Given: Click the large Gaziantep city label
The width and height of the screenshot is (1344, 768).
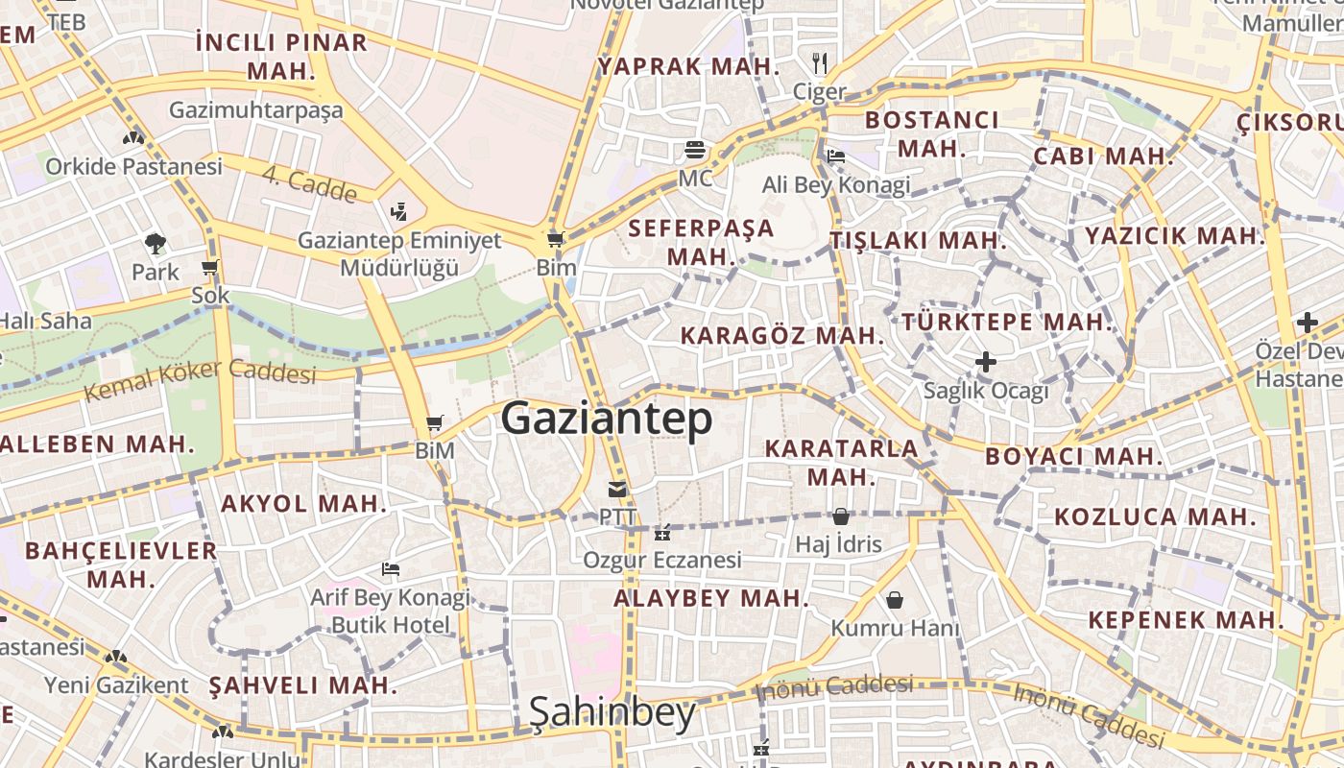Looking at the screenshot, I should tap(607, 420).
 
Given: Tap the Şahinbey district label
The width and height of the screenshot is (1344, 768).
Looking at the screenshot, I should tap(612, 712).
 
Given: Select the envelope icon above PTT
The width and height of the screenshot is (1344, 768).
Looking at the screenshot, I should tap(617, 490).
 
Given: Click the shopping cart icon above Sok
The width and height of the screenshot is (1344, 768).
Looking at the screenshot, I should tap(210, 267).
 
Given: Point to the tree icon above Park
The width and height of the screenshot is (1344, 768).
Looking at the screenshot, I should tap(155, 243).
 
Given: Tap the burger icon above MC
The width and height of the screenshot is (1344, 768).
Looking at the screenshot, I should tap(695, 150).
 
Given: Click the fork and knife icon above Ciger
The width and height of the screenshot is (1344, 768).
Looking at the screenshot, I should tap(819, 63).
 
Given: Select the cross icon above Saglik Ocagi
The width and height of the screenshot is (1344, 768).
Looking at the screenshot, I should tap(986, 362).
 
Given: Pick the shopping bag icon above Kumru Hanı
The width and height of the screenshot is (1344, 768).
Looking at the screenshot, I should tap(895, 600).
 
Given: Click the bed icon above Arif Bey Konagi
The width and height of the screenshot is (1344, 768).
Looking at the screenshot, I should tap(390, 569).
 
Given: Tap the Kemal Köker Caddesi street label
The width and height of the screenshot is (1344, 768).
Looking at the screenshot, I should tap(200, 380).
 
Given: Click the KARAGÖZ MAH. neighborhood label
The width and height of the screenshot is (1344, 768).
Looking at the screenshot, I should tap(781, 336).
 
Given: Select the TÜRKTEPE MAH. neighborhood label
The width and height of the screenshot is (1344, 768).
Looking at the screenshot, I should tap(1007, 322).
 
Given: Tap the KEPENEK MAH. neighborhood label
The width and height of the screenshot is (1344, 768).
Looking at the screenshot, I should tap(1187, 620).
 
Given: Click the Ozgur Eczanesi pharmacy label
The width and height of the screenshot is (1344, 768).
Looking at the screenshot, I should tap(662, 559).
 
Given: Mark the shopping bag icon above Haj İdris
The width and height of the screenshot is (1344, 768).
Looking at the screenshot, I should tap(841, 516).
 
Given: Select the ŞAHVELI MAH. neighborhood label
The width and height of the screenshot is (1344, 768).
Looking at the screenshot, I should tap(302, 685).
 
